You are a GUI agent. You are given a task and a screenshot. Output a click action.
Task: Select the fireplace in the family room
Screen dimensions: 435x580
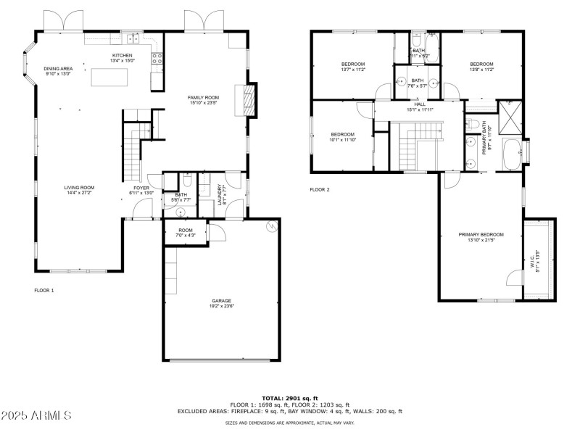pos(249,99)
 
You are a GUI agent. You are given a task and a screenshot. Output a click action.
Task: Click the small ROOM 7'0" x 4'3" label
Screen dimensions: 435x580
pos(185,233)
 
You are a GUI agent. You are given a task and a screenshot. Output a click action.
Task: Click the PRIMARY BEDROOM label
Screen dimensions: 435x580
pos(481,234)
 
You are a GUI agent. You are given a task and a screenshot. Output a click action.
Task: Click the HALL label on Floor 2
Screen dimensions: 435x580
pos(419,104)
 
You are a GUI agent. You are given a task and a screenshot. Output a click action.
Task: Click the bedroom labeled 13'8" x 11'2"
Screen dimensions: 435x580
pos(481,67)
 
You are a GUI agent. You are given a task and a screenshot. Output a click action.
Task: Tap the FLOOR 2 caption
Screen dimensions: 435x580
pos(320,190)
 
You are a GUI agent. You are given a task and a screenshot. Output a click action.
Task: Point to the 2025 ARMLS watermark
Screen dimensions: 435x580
pos(36,416)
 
